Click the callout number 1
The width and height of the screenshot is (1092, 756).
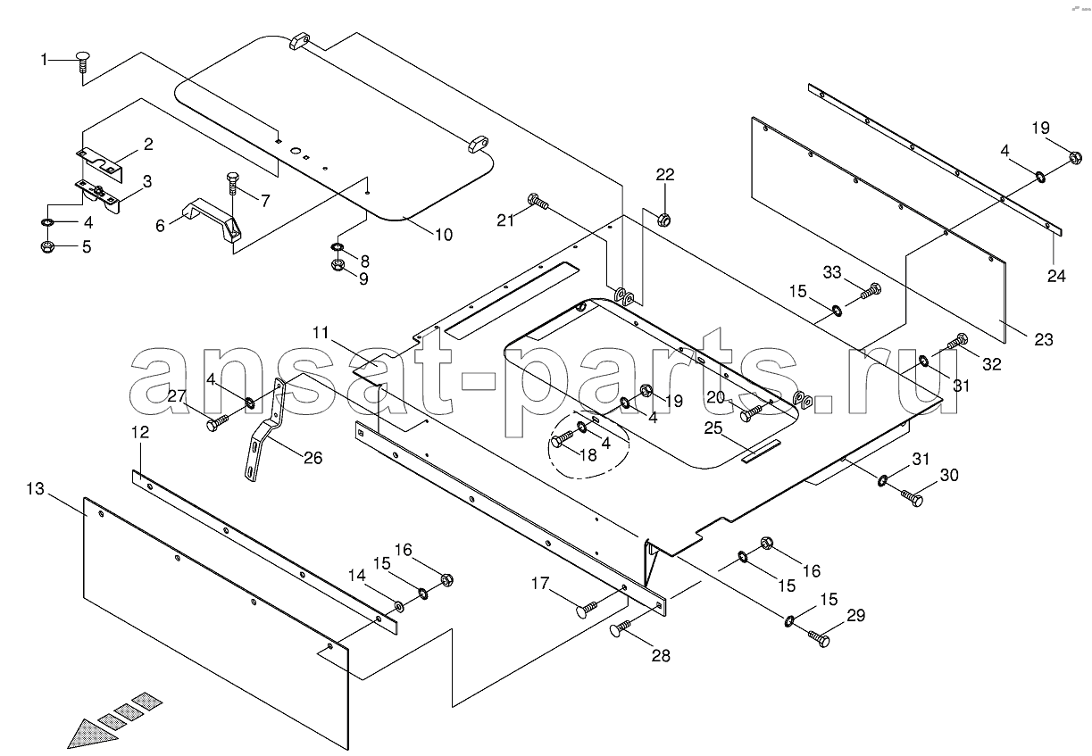point(44,60)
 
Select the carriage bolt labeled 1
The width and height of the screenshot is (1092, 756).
point(84,62)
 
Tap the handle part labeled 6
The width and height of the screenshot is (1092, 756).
point(213,221)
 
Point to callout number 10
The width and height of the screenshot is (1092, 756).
point(444,235)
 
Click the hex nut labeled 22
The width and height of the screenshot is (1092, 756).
point(663,220)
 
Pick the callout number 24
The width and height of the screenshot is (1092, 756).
point(1056,277)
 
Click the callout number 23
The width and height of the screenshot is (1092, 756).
point(1044,339)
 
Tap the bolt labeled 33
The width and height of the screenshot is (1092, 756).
point(871,291)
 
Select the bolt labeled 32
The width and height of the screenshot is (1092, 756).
point(957,341)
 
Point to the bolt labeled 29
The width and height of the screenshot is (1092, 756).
point(819,637)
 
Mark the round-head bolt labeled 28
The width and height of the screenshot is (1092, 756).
point(620,628)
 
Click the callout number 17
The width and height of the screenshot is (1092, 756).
point(539,583)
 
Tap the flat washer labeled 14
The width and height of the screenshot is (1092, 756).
point(399,606)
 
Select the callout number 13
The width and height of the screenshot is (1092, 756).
point(35,488)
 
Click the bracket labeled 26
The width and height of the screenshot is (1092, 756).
point(263,430)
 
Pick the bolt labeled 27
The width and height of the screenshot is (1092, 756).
point(218,422)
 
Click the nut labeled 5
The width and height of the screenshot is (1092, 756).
point(47,246)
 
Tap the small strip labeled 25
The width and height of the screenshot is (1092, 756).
point(761,451)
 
